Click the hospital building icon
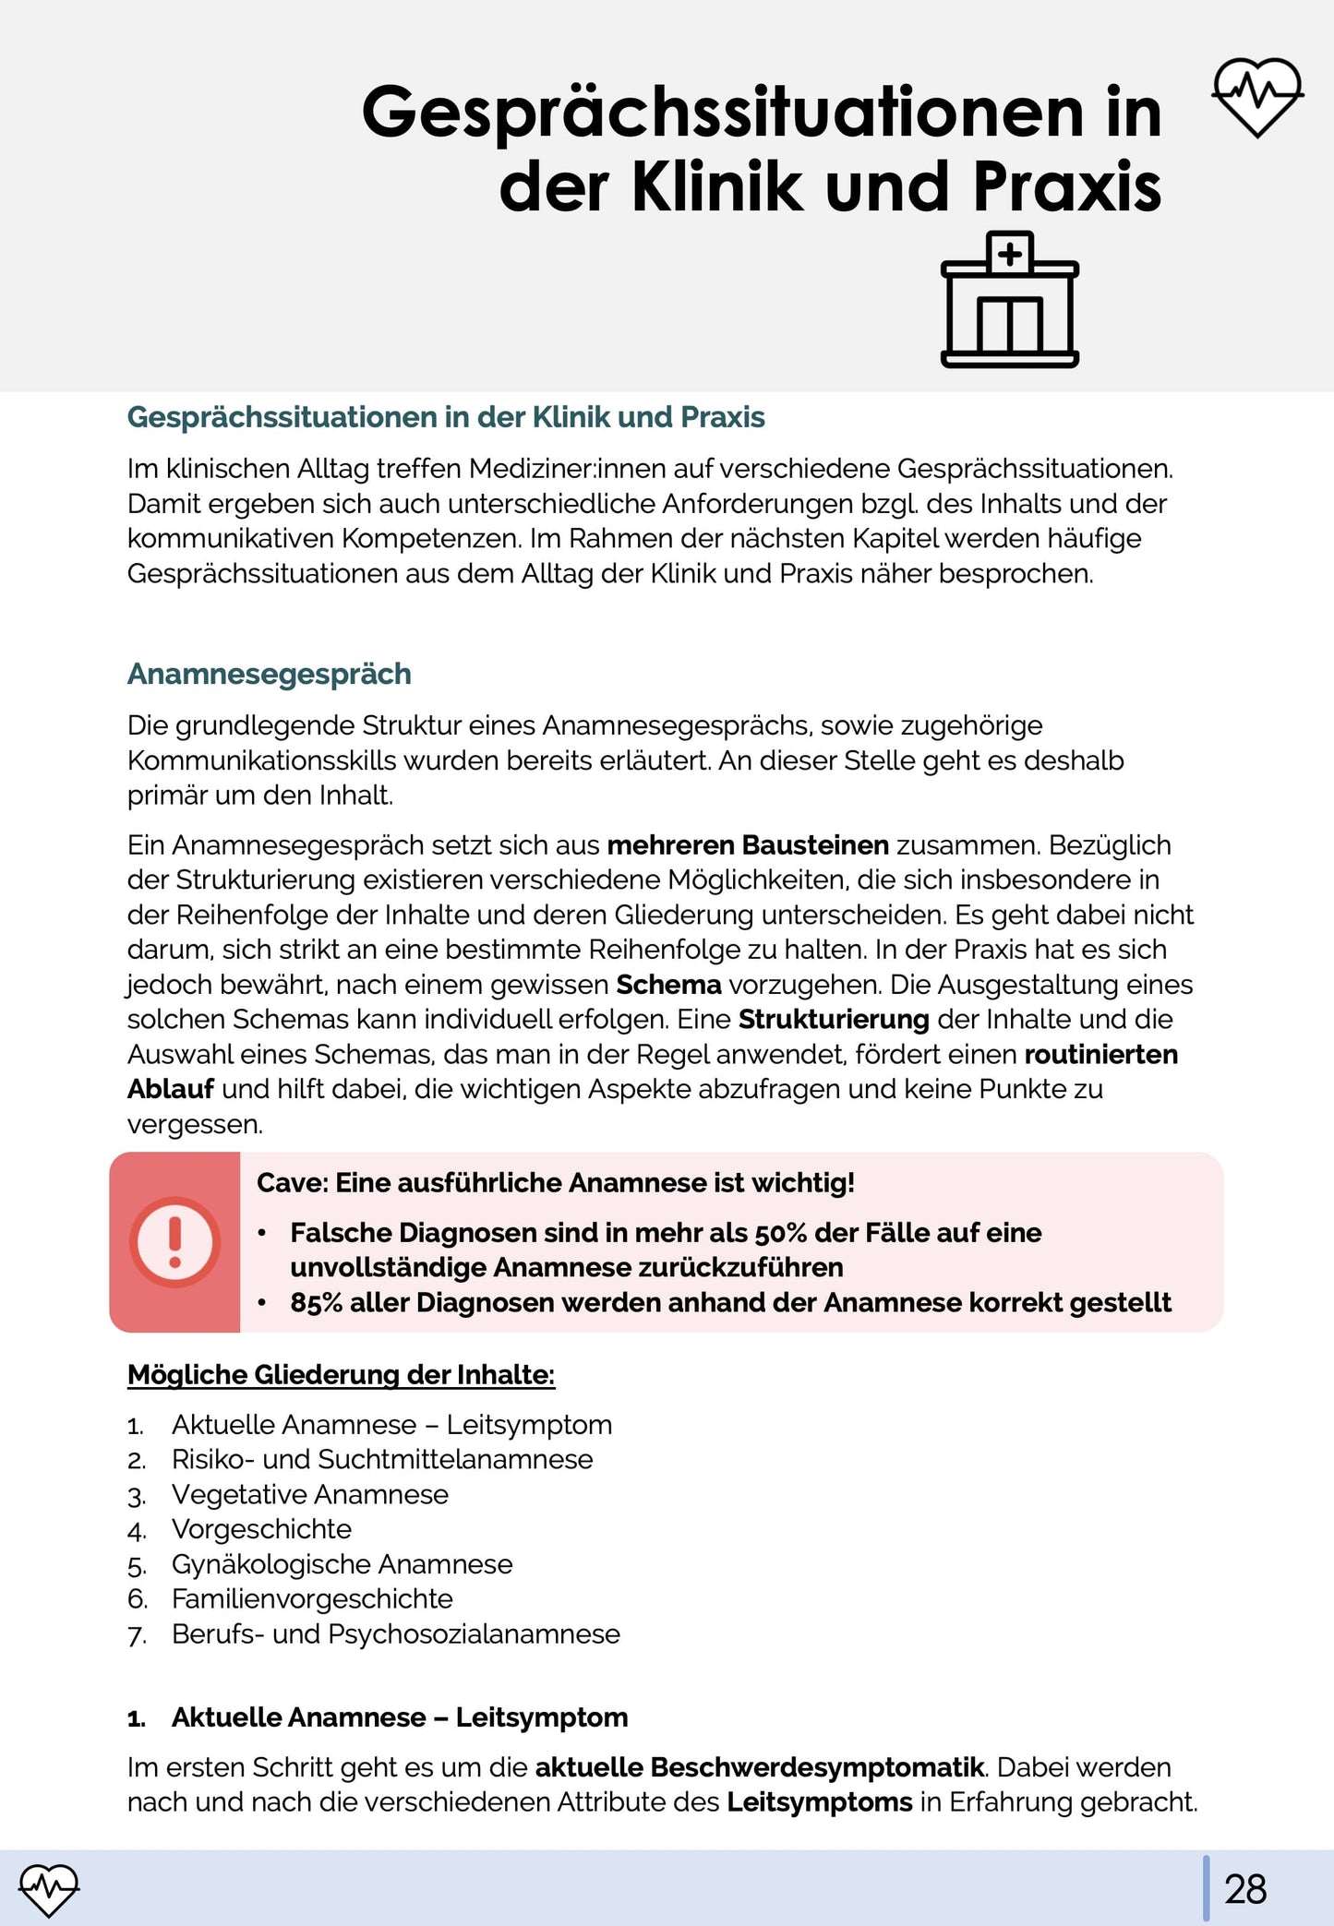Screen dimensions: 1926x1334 1009,301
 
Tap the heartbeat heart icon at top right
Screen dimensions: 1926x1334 1257,96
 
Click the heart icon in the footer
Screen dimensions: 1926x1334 49,1888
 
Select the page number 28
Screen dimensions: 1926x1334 1245,1889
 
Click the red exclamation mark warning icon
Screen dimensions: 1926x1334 174,1242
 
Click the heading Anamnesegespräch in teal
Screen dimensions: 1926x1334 269,674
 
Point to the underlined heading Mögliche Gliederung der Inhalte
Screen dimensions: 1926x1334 341,1374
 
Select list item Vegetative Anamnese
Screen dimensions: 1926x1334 309,1494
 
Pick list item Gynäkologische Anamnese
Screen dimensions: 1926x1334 342,1564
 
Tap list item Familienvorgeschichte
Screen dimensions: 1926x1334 312,1598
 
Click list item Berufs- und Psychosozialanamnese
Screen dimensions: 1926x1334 395,1633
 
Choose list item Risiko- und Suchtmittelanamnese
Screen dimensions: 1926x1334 382,1459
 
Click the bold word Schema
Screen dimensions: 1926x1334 668,985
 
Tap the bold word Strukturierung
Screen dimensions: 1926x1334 833,1019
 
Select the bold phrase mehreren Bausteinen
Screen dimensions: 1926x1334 748,844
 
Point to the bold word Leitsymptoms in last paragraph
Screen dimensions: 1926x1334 819,1801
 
